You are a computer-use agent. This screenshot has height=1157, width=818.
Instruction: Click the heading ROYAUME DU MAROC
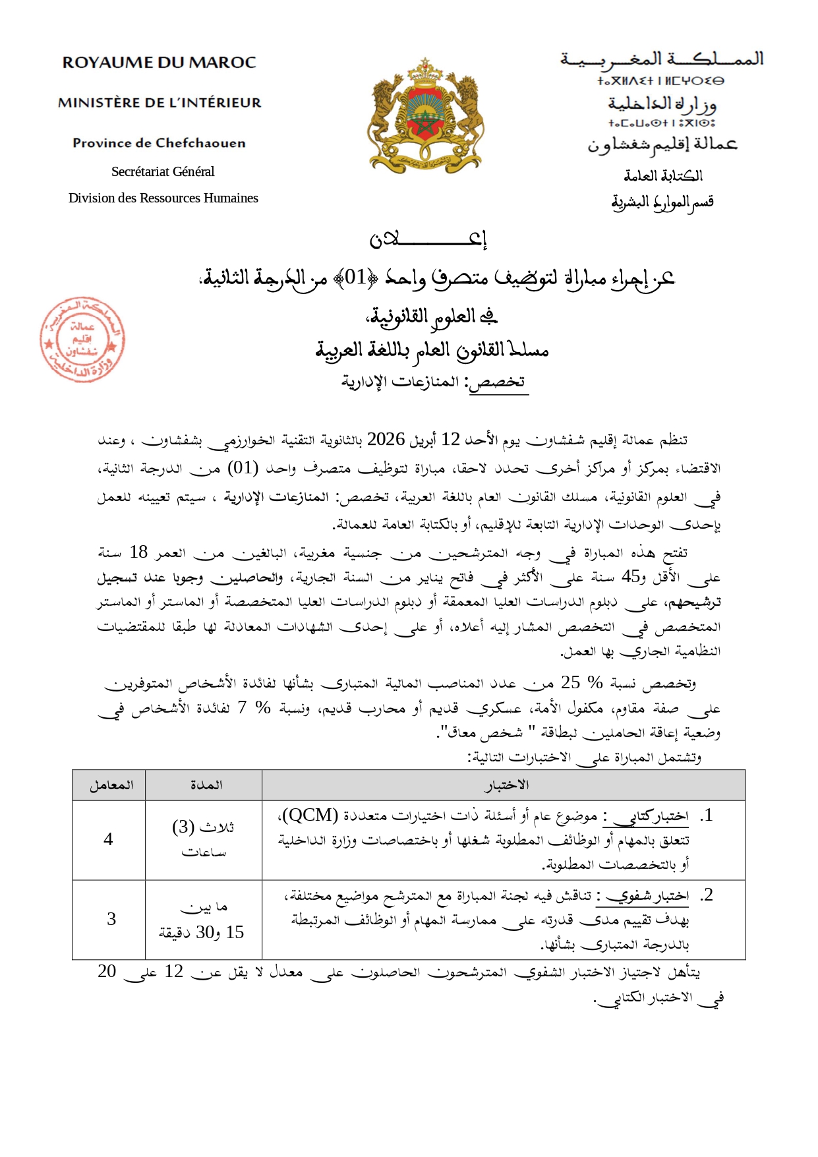click(x=159, y=63)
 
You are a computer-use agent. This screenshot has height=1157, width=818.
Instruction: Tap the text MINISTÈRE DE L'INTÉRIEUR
click(x=160, y=103)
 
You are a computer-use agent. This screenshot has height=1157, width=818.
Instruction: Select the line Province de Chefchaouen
click(x=159, y=143)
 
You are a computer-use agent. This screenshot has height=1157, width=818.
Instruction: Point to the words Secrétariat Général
click(x=163, y=171)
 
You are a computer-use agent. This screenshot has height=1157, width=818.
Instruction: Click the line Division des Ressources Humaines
click(x=163, y=198)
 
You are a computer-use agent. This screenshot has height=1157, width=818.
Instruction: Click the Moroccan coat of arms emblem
click(x=425, y=115)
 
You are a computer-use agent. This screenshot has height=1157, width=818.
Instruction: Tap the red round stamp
click(x=82, y=340)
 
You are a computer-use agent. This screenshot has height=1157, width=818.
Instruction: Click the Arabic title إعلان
click(x=428, y=239)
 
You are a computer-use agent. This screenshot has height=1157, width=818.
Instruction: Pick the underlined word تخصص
click(x=499, y=382)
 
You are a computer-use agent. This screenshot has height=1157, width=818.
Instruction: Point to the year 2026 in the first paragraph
click(x=386, y=439)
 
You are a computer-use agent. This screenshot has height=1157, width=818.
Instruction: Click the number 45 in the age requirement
click(x=631, y=576)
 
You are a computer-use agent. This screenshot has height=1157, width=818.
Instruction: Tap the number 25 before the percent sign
click(x=570, y=682)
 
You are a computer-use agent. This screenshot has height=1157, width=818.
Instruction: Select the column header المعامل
click(x=111, y=785)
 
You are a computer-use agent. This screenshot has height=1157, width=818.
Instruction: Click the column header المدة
click(x=206, y=785)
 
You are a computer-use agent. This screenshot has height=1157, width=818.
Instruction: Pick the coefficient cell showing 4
click(x=108, y=839)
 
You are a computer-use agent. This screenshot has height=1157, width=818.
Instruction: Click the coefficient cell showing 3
click(x=111, y=919)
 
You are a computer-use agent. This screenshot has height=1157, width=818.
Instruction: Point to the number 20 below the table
click(x=107, y=971)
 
